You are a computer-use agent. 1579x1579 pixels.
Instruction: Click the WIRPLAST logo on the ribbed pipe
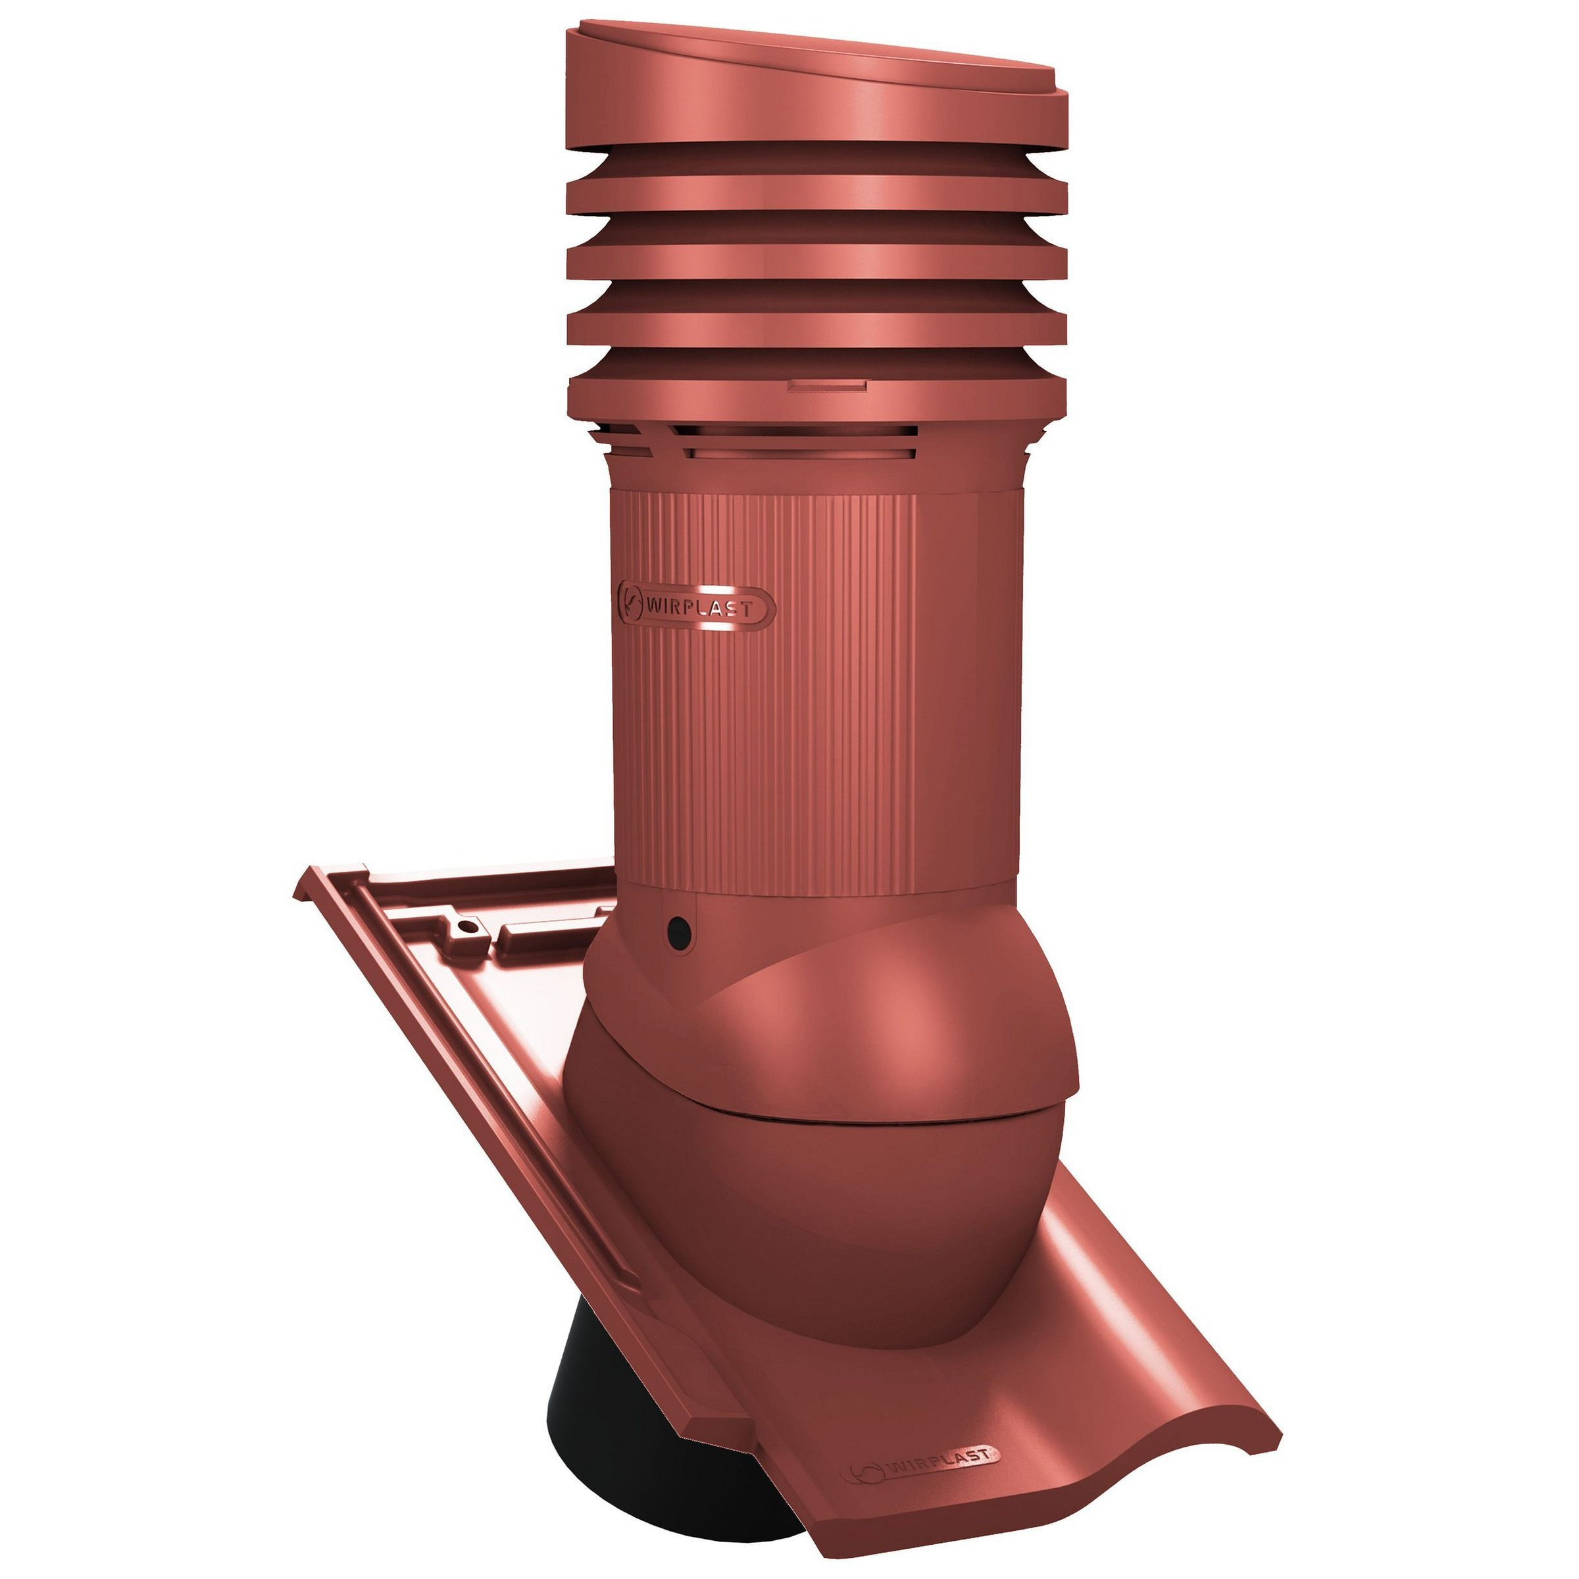(696, 608)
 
